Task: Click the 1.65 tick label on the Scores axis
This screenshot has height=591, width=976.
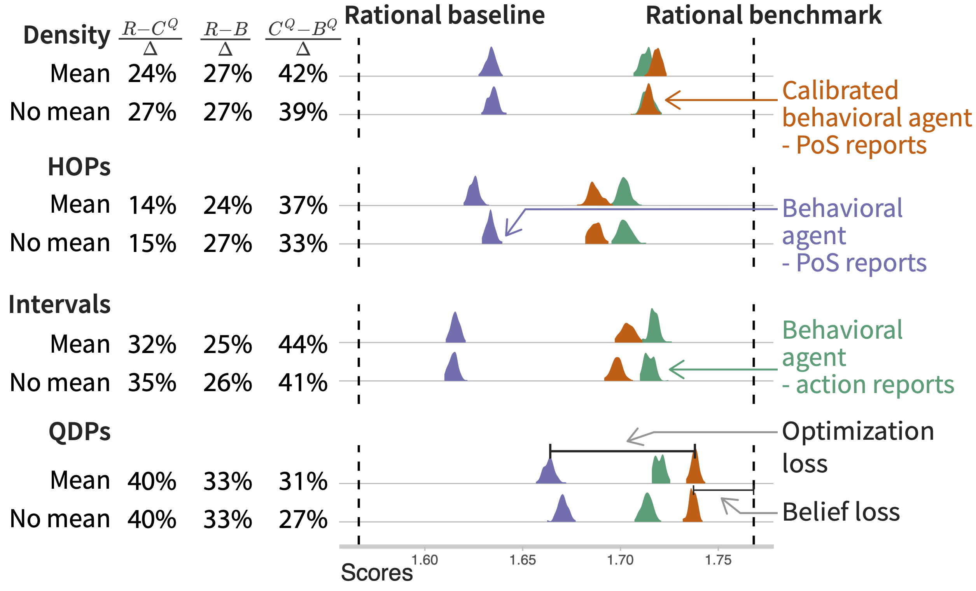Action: [522, 560]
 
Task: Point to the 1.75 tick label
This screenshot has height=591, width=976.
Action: [718, 560]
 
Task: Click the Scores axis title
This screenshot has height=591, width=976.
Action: [377, 573]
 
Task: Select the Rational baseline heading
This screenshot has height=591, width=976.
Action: [444, 16]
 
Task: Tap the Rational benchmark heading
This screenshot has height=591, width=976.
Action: [763, 16]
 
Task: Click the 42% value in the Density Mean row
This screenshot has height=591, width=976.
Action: [303, 74]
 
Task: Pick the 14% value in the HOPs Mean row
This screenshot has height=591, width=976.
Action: [152, 205]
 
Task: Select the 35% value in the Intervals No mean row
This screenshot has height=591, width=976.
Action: [152, 383]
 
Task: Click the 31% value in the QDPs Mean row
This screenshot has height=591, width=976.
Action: [303, 482]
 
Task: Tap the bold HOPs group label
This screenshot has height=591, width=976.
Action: [79, 167]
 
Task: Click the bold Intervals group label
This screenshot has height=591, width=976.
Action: [59, 304]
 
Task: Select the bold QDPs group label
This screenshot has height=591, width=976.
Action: [80, 431]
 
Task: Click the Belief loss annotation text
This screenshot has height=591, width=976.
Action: [841, 512]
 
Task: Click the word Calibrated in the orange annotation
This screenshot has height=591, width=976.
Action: [840, 91]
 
